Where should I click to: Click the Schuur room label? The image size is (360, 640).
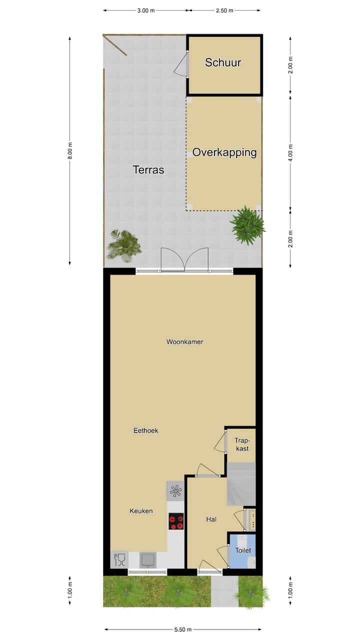coord(223,62)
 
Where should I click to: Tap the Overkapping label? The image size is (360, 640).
coord(224,152)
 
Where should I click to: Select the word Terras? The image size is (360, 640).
coord(148,170)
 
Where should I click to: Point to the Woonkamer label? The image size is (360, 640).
coord(184,342)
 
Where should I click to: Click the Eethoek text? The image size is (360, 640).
coord(145,430)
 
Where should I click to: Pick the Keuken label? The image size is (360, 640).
coord(141,510)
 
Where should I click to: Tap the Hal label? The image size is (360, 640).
coord(211,519)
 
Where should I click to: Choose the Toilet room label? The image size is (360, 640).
coord(243,550)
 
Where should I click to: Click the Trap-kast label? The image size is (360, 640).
coord(241,444)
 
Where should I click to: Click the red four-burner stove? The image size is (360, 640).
coord(176,521)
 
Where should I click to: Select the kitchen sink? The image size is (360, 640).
coord(147,559)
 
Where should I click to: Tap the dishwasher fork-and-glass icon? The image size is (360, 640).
coord(119,559)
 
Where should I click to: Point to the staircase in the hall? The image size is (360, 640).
coord(241,484)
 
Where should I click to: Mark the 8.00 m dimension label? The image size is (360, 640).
coord(70,150)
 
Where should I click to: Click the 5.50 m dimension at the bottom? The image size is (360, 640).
coord(182,629)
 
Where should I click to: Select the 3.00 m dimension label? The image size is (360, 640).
coord(146,10)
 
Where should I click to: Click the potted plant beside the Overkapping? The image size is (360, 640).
coord(247,225)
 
